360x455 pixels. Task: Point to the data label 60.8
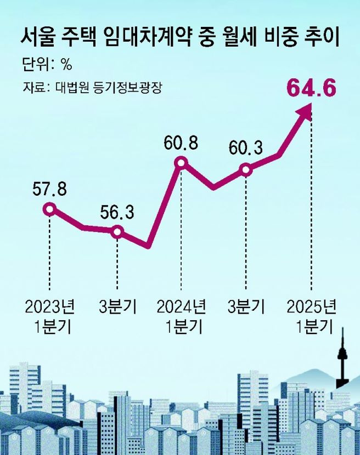pyautogui.click(x=181, y=144)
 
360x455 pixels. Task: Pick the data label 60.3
pyautogui.click(x=245, y=148)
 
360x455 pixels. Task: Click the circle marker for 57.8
pyautogui.click(x=50, y=209)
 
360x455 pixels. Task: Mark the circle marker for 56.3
pyautogui.click(x=117, y=232)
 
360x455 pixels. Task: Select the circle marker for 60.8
pyautogui.click(x=181, y=163)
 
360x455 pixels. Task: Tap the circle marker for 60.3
pyautogui.click(x=246, y=169)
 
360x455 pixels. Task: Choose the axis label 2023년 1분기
pyautogui.click(x=49, y=316)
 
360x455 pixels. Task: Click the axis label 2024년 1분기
pyautogui.click(x=182, y=316)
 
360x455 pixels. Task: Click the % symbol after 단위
pyautogui.click(x=66, y=65)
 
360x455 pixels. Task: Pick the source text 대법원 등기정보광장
pyautogui.click(x=109, y=87)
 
